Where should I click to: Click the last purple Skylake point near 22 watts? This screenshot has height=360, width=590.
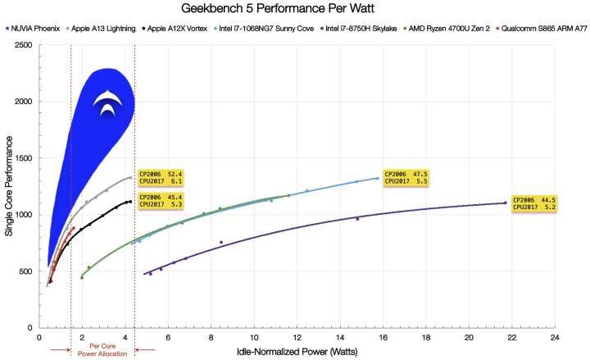click(505, 203)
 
